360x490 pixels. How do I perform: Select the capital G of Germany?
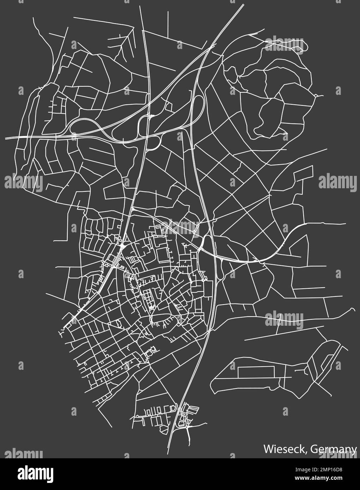click(x=315, y=449)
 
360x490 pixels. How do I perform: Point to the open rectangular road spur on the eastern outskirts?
click(x=303, y=173)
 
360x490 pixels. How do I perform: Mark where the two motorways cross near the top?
click(x=211, y=46)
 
